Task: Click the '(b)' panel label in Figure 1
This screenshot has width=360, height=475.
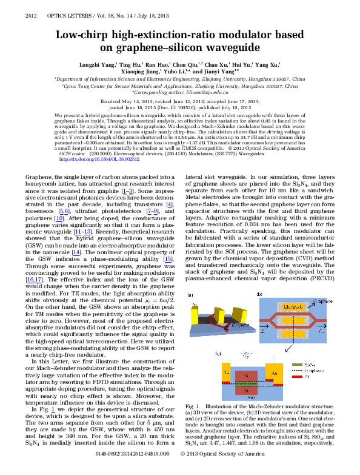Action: (x=259, y=294)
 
